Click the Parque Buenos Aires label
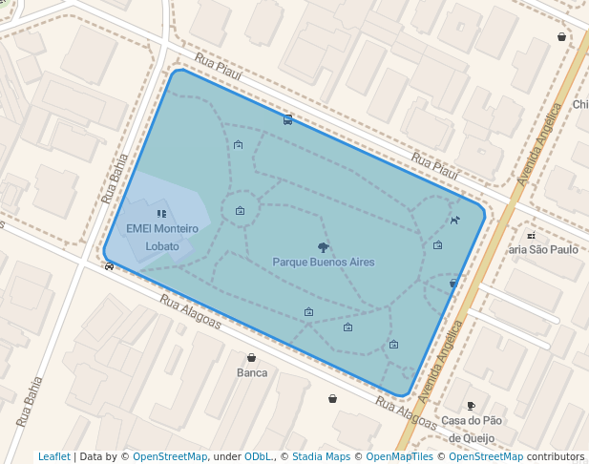coord(323,262)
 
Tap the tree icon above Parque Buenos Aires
coord(324,246)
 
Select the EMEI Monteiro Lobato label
coord(162,237)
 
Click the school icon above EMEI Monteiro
coord(160,214)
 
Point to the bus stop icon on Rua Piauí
coord(287,120)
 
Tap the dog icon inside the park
coord(454,221)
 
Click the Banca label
coord(251,372)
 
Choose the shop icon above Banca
coord(251,358)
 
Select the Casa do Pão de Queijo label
coord(472,429)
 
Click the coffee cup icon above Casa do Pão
coord(471,406)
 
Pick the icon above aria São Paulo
coord(531,235)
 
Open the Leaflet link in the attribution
coord(53,456)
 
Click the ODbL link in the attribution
coord(257,456)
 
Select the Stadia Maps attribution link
coord(321,456)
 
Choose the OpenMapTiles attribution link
coord(396,456)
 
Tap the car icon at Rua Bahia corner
coord(109,266)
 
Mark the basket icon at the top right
coord(561,37)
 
